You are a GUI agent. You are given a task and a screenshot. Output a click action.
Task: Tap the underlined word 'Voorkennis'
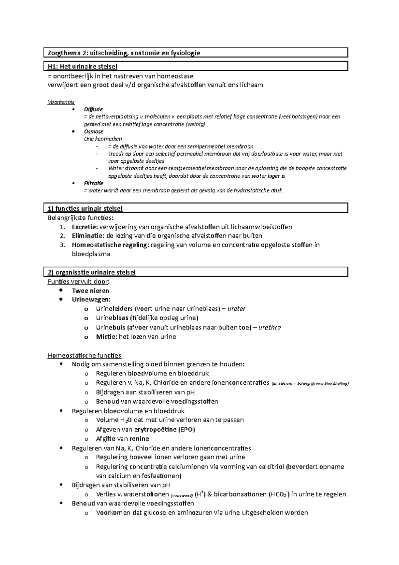61,102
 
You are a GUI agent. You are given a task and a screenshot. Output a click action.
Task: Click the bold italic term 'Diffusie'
93,109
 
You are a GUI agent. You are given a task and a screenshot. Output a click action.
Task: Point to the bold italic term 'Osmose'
93,131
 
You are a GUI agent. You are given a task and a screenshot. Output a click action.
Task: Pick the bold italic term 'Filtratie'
93,183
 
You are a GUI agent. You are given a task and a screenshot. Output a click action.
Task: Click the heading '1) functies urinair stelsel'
85,209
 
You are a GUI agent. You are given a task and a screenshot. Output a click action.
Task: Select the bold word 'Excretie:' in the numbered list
85,227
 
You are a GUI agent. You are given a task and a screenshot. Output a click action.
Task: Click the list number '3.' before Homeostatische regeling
63,245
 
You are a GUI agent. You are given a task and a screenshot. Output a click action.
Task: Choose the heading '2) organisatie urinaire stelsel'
92,272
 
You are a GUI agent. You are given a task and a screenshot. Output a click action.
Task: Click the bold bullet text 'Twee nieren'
90,290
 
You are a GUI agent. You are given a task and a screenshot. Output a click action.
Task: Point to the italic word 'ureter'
236,308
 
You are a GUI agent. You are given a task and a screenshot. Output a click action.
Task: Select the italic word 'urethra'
269,327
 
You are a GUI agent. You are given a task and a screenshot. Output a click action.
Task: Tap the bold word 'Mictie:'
106,336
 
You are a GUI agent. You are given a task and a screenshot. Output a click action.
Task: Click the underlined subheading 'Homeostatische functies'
84,355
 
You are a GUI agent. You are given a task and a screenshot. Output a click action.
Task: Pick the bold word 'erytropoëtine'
155,429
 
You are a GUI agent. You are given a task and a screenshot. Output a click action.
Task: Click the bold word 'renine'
139,439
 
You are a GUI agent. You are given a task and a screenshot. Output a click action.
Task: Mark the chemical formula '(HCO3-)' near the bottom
279,494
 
